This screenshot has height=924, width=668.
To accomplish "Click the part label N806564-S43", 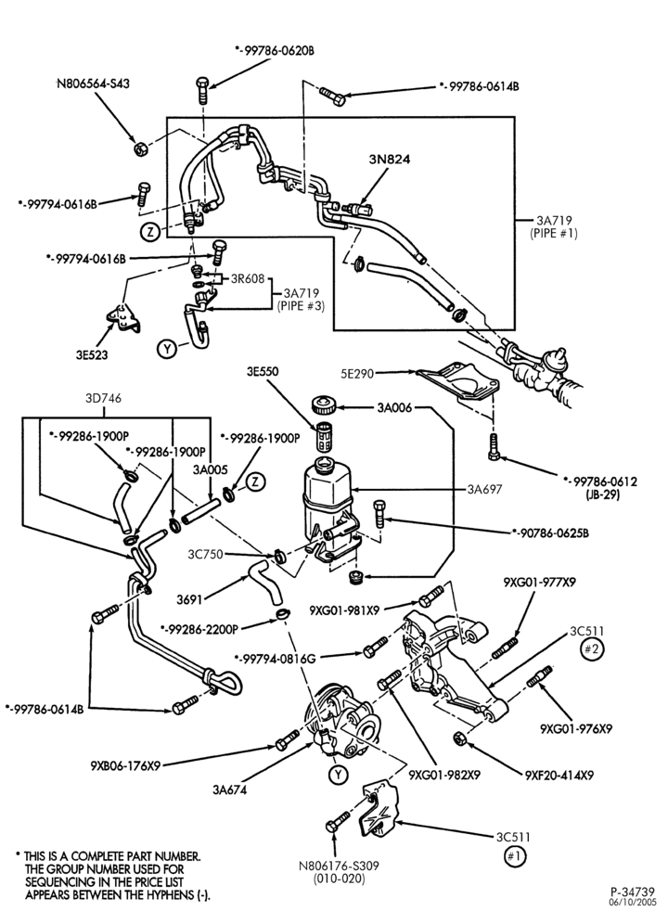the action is (93, 83).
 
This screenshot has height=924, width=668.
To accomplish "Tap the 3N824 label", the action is (390, 160).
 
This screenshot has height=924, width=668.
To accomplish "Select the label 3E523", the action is (91, 354).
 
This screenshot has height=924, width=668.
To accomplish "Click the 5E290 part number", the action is (356, 373).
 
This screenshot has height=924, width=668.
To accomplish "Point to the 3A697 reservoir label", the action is (484, 489).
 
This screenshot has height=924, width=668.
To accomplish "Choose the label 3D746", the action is (103, 398).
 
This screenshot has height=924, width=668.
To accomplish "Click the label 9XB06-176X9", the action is (125, 766).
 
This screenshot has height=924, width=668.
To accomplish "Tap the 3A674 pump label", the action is (230, 789).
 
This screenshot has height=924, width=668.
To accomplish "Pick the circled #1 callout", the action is (515, 855).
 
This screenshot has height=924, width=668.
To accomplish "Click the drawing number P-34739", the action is (632, 892).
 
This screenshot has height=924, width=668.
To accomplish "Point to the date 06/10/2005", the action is (632, 902).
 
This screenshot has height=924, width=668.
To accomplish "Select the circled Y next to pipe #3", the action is (167, 350).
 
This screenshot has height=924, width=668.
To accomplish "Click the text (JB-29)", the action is (602, 495).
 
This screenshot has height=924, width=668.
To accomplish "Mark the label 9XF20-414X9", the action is (559, 775).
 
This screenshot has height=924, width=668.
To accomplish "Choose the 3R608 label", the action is (248, 278).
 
